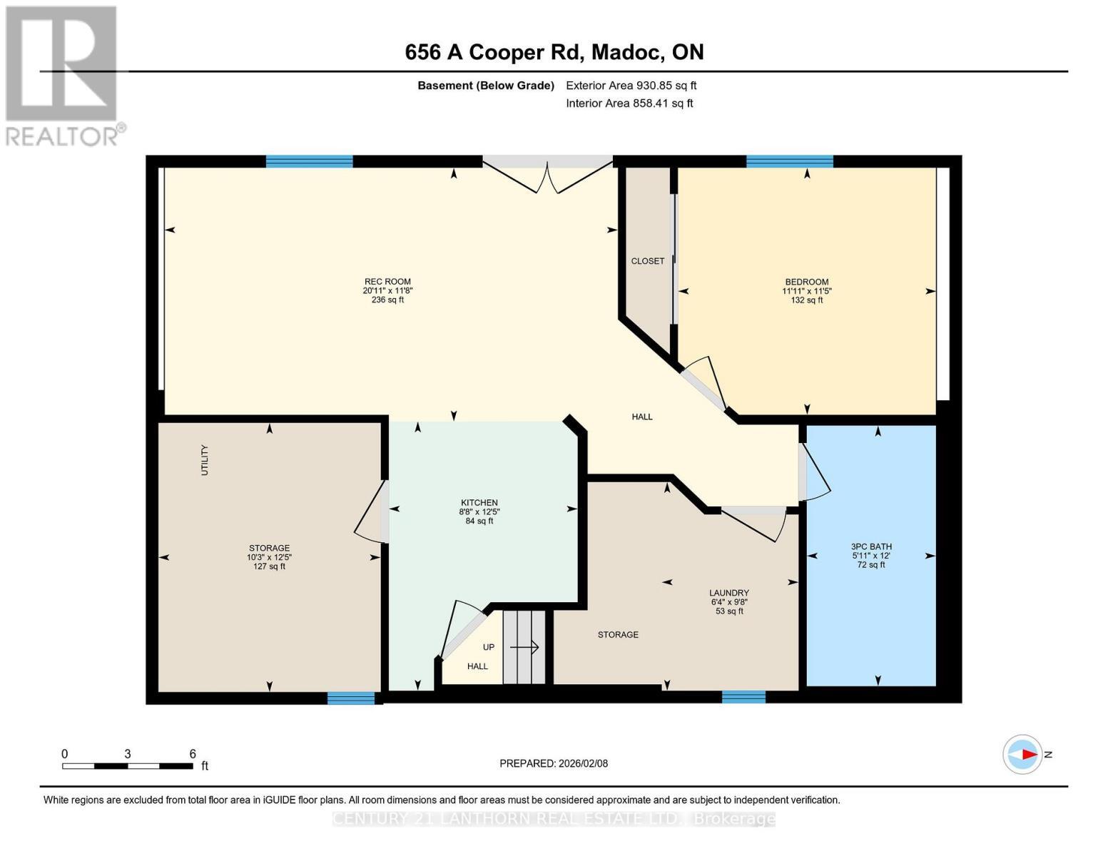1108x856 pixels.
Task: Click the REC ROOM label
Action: [x=387, y=282]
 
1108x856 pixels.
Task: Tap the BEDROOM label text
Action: [x=807, y=282]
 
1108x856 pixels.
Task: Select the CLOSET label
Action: [x=647, y=261]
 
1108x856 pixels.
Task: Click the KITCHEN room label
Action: [x=479, y=503]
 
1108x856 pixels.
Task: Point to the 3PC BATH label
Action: [x=871, y=546]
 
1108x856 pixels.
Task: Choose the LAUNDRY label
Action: [x=728, y=593]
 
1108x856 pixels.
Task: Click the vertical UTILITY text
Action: [x=205, y=460]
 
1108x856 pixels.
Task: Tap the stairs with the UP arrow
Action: [x=524, y=647]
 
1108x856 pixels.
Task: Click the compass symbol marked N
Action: [x=1022, y=754]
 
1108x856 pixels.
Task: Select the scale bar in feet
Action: [x=128, y=765]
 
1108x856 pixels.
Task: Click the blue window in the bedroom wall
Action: [x=789, y=161]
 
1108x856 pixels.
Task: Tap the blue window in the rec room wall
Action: [x=309, y=161]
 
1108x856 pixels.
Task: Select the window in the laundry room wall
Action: [x=743, y=697]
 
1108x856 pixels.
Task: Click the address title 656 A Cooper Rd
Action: [x=554, y=52]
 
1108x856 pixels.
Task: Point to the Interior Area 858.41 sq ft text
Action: [x=629, y=103]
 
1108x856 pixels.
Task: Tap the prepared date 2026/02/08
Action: [x=554, y=763]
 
